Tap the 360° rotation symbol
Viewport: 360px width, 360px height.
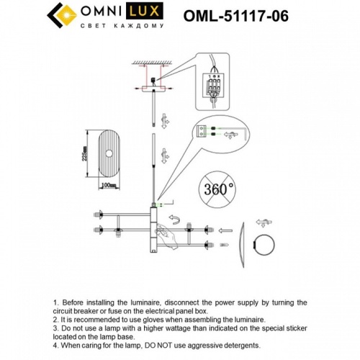point(218,189)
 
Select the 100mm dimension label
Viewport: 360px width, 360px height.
point(109,185)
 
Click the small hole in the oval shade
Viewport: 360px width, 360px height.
point(110,152)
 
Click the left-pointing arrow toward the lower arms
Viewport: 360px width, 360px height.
point(224,231)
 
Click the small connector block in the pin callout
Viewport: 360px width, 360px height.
point(204,132)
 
